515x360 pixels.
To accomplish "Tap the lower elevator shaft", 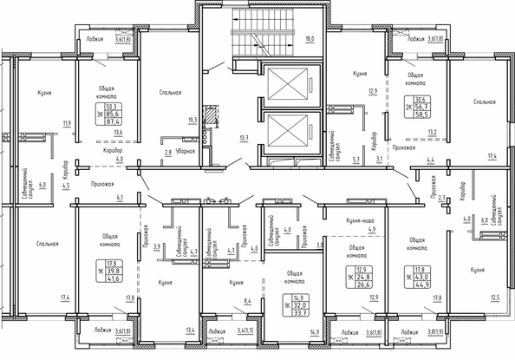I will pos(287,131).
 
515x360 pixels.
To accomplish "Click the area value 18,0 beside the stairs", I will pos(310,40).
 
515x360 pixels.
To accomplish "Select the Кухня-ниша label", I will pos(357,221).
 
